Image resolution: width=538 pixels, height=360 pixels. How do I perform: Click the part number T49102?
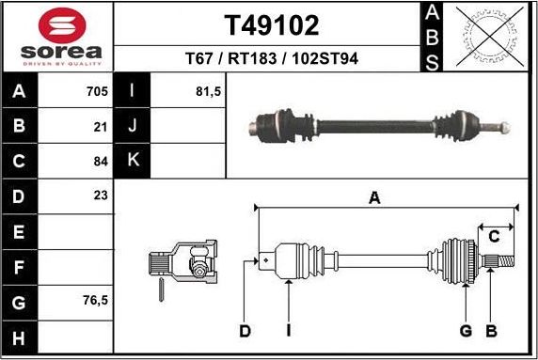(271, 24)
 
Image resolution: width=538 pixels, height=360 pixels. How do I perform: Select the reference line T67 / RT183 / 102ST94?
(271, 59)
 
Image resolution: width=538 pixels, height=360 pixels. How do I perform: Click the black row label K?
(133, 160)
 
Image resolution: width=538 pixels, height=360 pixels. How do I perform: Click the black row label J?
(133, 125)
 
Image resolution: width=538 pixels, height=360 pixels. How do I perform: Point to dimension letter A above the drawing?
(374, 197)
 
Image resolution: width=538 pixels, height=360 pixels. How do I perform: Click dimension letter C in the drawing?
(494, 237)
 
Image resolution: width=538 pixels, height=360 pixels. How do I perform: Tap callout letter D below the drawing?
(244, 330)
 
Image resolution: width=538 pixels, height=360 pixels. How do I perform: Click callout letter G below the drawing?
(465, 330)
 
